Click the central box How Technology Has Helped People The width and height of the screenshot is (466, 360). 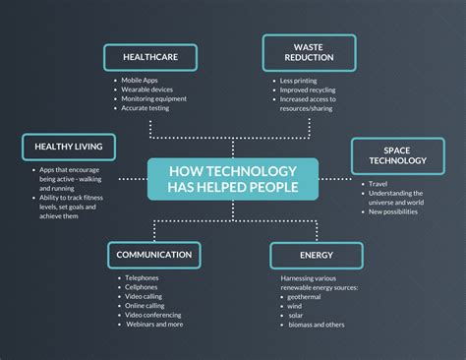233,179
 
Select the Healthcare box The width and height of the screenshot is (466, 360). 149,57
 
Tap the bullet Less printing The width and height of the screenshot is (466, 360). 299,82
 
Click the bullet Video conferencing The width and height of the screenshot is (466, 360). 154,315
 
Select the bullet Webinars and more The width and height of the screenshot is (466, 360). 154,325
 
